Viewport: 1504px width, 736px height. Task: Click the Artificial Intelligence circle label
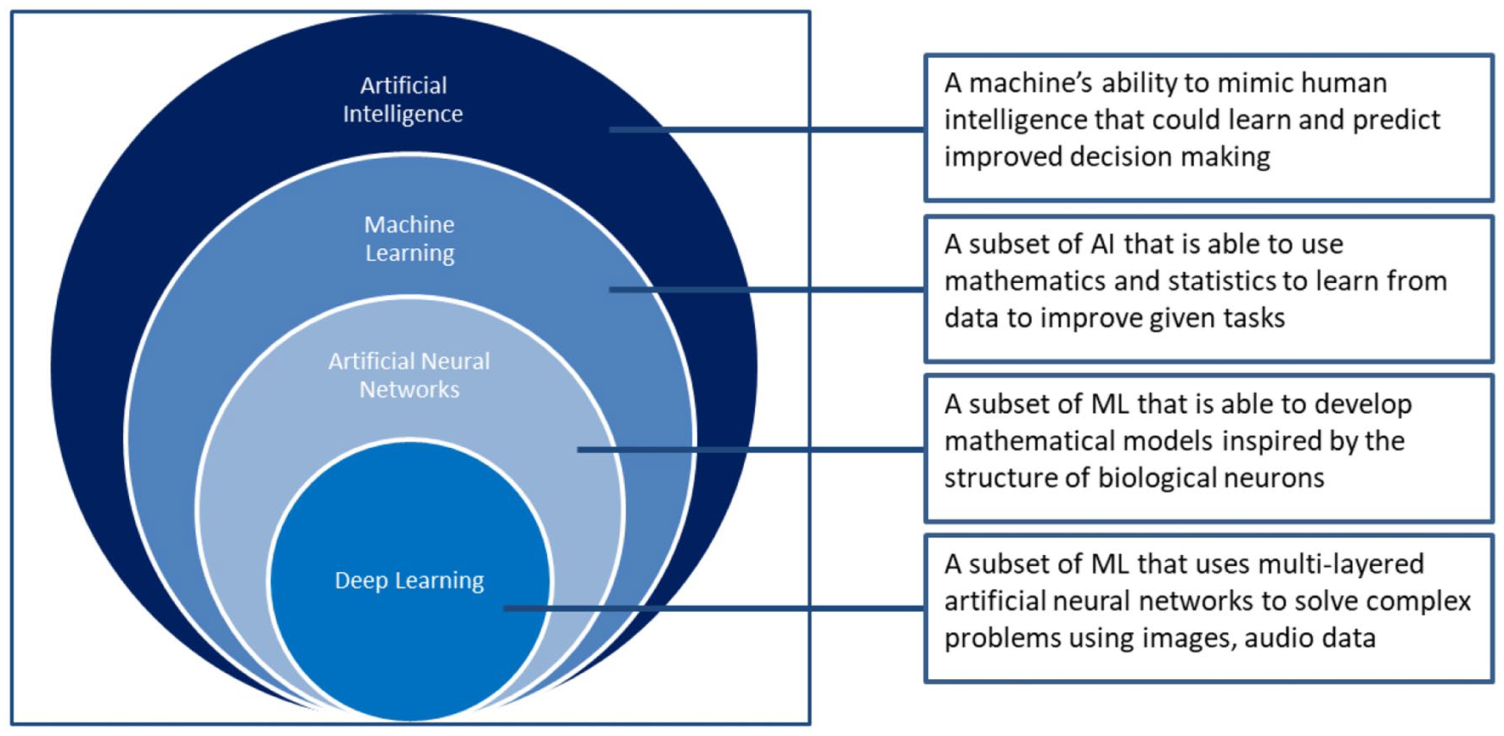(403, 99)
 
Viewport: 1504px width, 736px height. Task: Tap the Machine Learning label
(409, 239)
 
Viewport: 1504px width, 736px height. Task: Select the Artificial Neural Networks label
(409, 375)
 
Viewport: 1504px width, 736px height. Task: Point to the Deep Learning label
(409, 580)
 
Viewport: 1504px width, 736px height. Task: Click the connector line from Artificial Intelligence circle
(767, 130)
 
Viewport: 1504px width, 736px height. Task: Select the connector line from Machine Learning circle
(767, 290)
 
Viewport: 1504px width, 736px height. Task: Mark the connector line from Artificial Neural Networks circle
(751, 450)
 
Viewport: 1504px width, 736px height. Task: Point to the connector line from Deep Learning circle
(714, 609)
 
